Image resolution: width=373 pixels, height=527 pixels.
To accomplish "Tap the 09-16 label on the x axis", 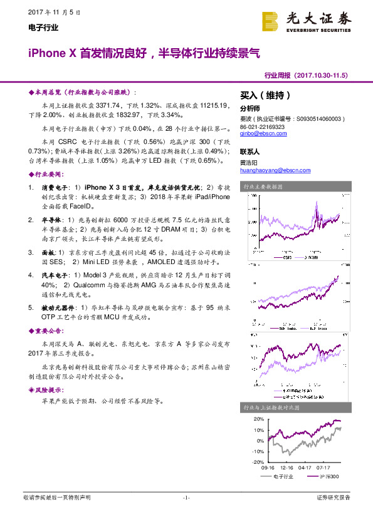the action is click(x=268, y=467).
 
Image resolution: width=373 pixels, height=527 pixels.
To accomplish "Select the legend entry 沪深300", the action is click(x=329, y=476).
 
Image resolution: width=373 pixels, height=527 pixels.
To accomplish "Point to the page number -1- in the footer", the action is click(x=186, y=498).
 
